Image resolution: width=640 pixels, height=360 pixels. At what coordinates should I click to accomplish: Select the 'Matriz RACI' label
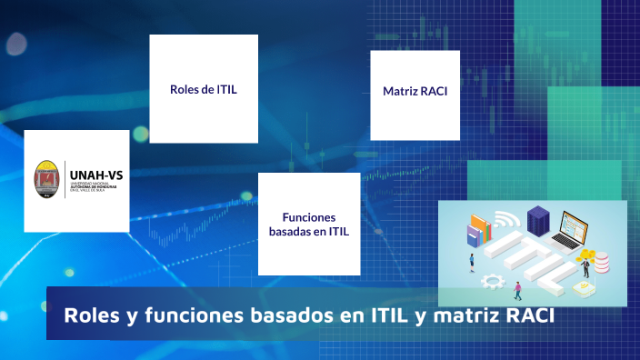[x=415, y=92]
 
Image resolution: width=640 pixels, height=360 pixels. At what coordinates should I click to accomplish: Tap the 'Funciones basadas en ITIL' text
[x=309, y=225]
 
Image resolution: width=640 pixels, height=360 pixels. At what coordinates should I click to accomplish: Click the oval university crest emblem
[x=47, y=180]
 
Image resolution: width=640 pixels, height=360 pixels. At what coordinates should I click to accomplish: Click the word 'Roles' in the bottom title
[x=89, y=315]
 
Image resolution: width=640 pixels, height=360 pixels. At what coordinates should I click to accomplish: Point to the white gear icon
[x=493, y=280]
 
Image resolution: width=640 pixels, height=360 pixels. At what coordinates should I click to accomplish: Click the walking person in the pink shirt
[x=517, y=290]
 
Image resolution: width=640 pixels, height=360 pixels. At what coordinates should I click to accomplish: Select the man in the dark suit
[x=586, y=267]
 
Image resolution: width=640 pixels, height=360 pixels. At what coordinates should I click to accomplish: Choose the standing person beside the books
[x=471, y=262]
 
